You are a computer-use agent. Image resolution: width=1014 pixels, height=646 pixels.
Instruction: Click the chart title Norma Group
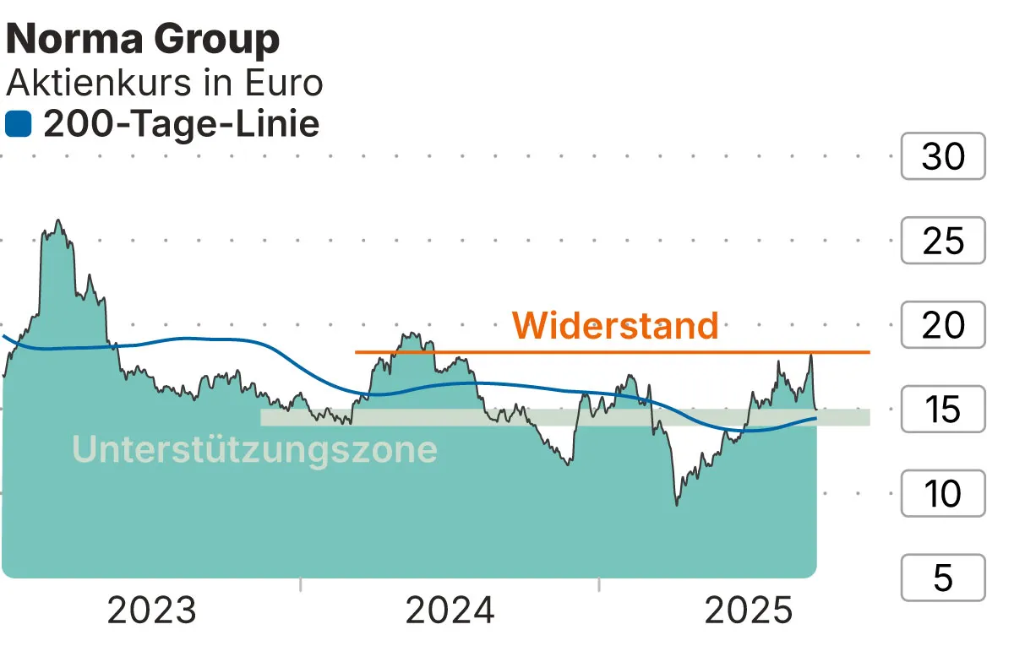pyautogui.click(x=143, y=40)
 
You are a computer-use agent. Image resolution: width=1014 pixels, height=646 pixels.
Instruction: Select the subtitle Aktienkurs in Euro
pyautogui.click(x=165, y=83)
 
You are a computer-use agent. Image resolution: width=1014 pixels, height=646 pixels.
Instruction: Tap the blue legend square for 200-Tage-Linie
pyautogui.click(x=18, y=125)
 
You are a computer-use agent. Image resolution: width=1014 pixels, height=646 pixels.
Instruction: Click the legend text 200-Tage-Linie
pyautogui.click(x=181, y=125)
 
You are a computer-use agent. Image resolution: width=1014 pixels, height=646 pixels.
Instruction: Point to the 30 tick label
pyautogui.click(x=943, y=156)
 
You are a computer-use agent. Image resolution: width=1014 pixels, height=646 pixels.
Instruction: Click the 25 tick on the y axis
pyautogui.click(x=943, y=241)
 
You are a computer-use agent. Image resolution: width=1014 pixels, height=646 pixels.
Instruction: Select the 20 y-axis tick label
pyautogui.click(x=943, y=325)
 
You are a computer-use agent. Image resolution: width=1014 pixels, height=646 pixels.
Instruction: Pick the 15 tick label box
pyautogui.click(x=943, y=410)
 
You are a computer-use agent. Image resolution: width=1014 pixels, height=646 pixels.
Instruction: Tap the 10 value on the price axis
pyautogui.click(x=943, y=494)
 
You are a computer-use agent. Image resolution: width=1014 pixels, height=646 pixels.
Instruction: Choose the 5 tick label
pyautogui.click(x=943, y=578)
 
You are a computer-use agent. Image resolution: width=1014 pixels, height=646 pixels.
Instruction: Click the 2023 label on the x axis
pyautogui.click(x=152, y=611)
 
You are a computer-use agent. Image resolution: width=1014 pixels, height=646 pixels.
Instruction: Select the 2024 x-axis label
pyautogui.click(x=450, y=611)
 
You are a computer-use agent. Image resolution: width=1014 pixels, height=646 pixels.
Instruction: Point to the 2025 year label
pyautogui.click(x=749, y=611)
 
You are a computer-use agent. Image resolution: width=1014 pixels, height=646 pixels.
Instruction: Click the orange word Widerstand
pyautogui.click(x=615, y=325)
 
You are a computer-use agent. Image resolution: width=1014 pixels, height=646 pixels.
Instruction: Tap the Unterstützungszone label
pyautogui.click(x=254, y=449)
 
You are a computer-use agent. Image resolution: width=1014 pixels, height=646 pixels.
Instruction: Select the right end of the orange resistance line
pyautogui.click(x=869, y=351)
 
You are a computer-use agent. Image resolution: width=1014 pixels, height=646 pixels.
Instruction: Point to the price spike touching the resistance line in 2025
pyautogui.click(x=810, y=355)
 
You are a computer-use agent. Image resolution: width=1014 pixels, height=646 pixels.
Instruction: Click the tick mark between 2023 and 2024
pyautogui.click(x=301, y=584)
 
